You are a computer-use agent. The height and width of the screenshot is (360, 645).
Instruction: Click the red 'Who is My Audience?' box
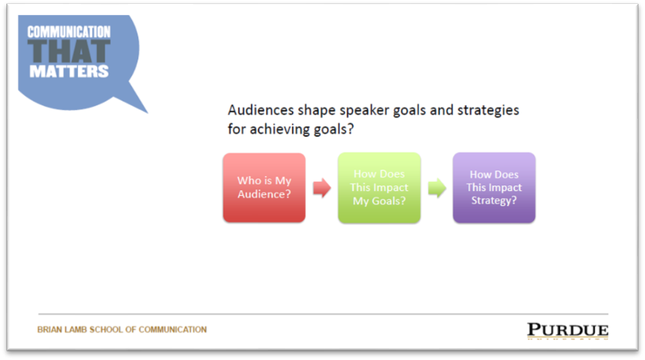264,188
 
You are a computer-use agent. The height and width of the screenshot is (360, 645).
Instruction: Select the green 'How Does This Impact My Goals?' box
379,188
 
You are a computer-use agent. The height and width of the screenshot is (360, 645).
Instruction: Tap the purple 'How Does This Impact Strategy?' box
494,188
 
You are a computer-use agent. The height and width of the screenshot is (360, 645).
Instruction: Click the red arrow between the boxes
321,188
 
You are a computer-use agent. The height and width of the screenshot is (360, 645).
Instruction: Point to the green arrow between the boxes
437,188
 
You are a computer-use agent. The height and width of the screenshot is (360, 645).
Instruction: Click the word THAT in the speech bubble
69,51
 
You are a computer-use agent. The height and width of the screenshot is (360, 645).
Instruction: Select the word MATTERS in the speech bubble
69,72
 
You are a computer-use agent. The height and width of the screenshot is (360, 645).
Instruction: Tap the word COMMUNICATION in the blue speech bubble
69,31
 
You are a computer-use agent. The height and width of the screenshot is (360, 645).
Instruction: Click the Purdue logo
568,330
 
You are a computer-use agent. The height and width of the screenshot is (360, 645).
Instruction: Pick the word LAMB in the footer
76,329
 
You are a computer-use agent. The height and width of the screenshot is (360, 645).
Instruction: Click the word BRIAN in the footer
49,329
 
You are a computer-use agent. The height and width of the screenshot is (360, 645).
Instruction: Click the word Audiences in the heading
261,110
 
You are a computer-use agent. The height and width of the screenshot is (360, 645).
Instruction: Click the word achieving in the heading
280,130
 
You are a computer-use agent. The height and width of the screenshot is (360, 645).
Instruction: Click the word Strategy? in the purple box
493,200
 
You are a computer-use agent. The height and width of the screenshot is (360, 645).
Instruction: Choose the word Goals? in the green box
388,200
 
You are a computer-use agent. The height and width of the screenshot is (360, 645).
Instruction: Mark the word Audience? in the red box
264,194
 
